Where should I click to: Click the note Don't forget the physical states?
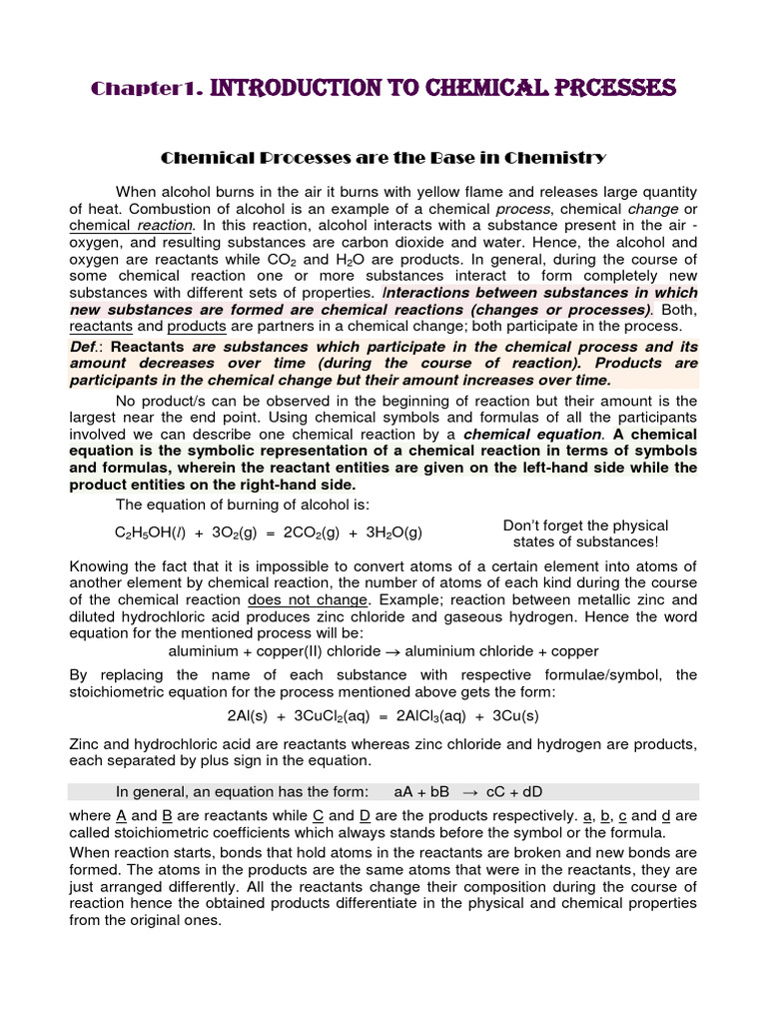585,533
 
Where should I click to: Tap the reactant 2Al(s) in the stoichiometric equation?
247,717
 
